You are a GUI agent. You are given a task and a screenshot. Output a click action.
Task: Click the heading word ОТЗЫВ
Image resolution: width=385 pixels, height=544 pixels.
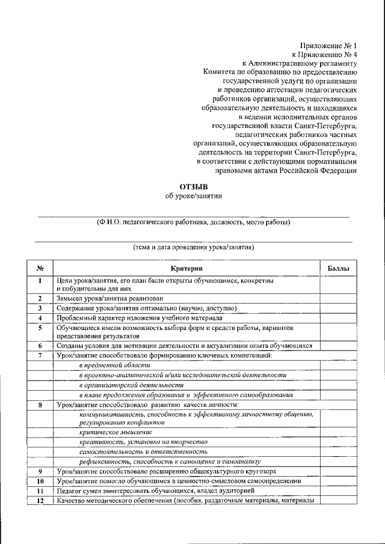[x=193, y=187]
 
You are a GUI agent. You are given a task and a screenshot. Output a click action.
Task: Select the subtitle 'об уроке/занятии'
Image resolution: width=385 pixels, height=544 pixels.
[x=193, y=196]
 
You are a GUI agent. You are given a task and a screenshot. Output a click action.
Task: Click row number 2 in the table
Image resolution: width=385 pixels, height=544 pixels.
[x=39, y=298]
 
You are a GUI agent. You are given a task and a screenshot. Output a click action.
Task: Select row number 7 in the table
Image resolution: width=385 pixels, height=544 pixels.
[x=39, y=356]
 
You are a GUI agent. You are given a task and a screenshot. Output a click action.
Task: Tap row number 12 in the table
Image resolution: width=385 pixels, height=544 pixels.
[x=39, y=501]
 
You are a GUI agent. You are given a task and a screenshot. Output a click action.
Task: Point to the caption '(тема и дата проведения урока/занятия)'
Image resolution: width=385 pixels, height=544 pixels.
[x=193, y=247]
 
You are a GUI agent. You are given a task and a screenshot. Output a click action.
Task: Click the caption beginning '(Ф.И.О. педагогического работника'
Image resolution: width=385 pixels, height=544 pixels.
[x=193, y=222]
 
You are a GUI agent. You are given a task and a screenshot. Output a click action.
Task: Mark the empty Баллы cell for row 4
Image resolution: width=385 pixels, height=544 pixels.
[x=337, y=317]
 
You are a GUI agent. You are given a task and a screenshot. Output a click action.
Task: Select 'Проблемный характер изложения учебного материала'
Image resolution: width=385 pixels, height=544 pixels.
[x=140, y=317]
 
